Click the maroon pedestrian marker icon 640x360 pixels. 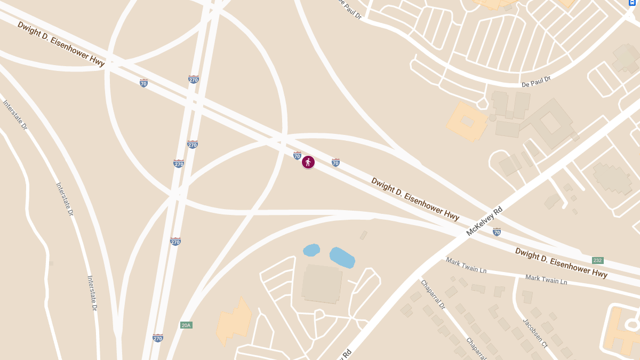point(308,162)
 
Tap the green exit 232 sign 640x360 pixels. point(597,260)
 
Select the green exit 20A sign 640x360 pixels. point(186,325)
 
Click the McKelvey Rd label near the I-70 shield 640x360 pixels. point(484,221)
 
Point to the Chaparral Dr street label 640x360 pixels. point(433,294)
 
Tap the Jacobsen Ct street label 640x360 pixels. point(535,334)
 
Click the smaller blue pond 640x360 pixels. point(311,250)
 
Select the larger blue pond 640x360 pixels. point(342,258)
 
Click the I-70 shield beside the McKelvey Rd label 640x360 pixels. point(497,232)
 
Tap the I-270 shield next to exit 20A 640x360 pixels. point(157,338)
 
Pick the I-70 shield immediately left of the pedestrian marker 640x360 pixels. point(297,155)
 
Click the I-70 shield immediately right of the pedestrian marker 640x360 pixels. point(335,162)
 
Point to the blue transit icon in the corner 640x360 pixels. point(633,3)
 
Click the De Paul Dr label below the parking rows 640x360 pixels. point(535,82)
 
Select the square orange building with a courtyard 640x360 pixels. point(467,122)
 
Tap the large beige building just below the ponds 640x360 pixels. point(322,284)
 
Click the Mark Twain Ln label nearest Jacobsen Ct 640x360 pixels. point(546,279)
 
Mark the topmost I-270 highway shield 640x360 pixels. point(194,79)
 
